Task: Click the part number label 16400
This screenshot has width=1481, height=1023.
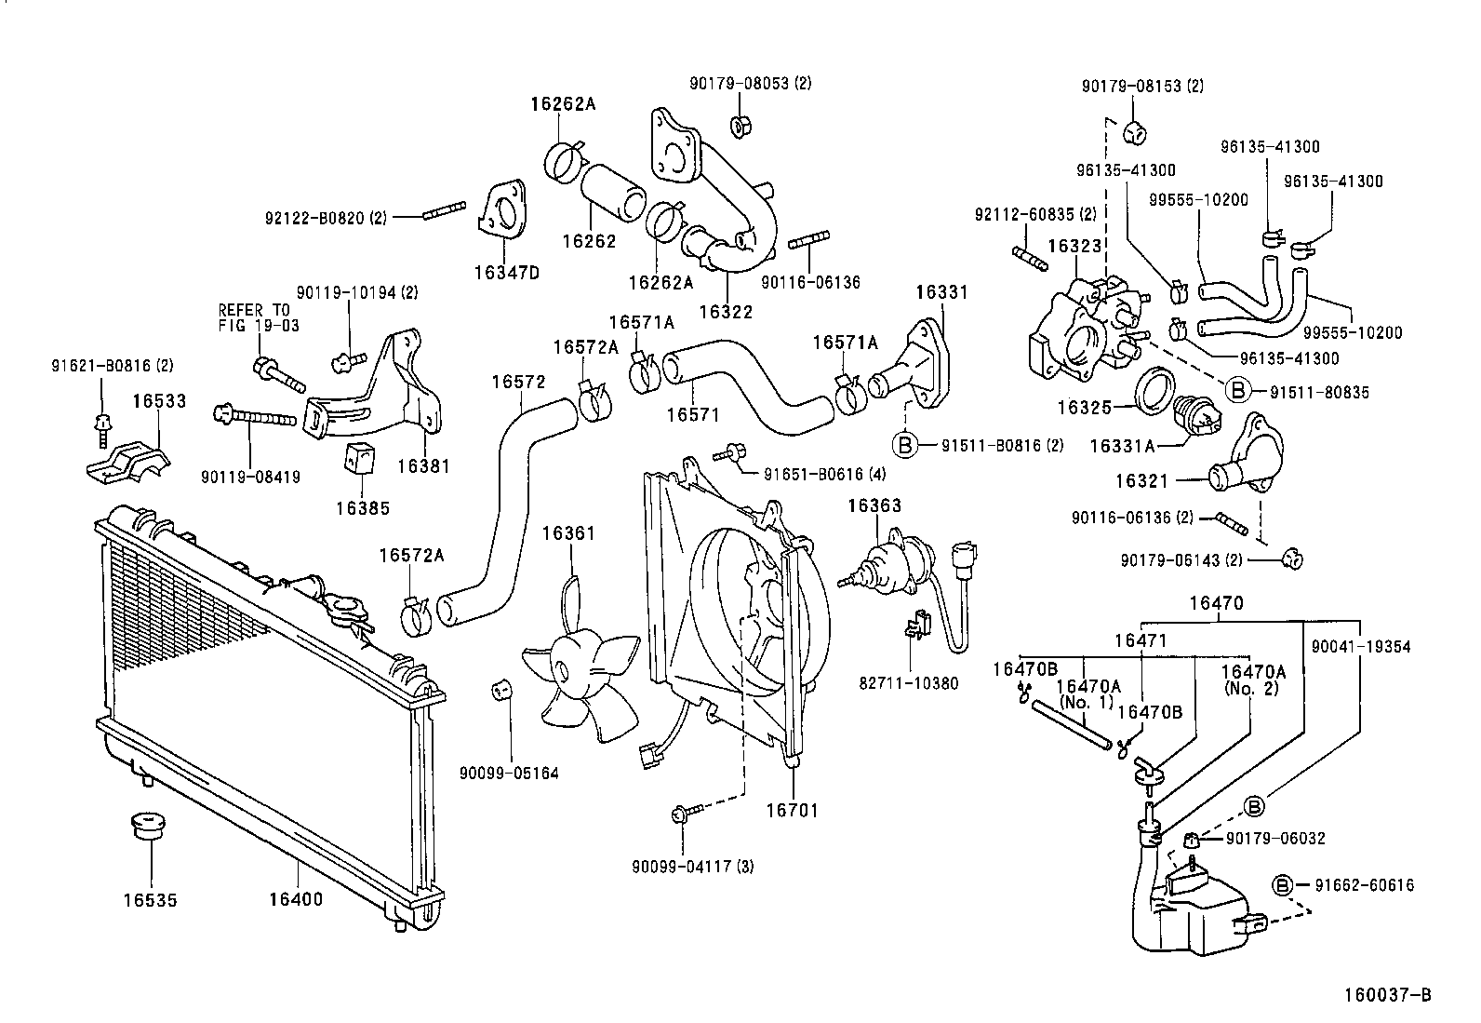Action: [296, 899]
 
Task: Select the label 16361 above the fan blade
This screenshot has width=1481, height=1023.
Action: [568, 533]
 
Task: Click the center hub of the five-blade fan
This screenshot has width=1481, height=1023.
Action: [565, 668]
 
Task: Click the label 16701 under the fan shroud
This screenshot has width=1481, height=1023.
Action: [792, 810]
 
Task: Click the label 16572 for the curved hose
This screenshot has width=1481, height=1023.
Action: [518, 382]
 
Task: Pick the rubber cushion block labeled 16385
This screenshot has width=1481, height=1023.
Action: [358, 459]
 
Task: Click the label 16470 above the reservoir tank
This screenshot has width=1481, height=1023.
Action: [1216, 603]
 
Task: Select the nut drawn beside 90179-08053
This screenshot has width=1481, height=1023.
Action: [741, 126]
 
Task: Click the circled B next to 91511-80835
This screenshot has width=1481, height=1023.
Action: [1238, 391]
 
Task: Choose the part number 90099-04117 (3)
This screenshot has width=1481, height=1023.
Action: [693, 867]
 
